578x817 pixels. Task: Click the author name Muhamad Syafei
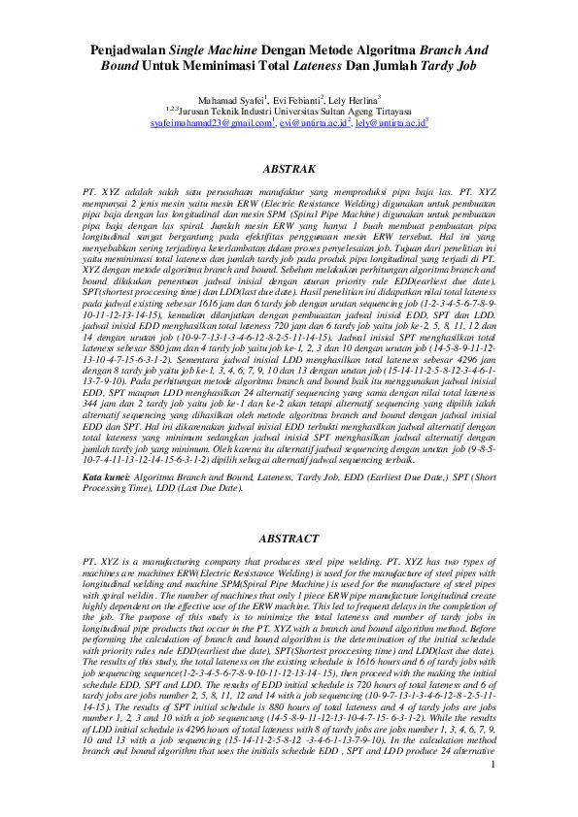tap(230, 99)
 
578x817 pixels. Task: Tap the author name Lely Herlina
tap(356, 99)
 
